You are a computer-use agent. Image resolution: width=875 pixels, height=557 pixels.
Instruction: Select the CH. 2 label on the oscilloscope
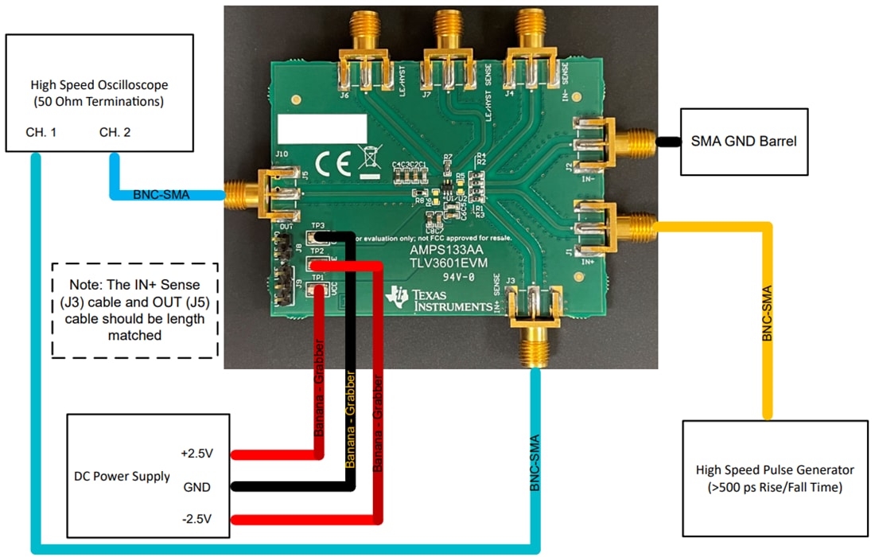coord(115,132)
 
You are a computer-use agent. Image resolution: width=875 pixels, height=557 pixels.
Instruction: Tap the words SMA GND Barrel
coord(743,142)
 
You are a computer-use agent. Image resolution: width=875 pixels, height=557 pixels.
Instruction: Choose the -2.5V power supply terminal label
coord(198,520)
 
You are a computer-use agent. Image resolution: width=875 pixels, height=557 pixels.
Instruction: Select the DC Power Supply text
coord(122,476)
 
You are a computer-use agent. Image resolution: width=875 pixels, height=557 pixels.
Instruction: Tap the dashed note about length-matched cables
coord(134,310)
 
